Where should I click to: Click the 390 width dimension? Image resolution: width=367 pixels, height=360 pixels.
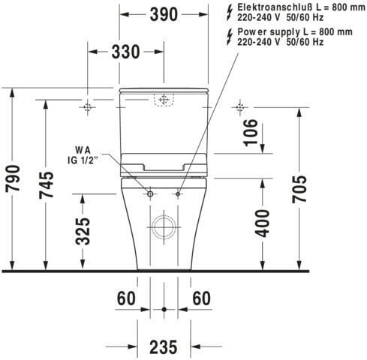pyautogui.click(x=164, y=14)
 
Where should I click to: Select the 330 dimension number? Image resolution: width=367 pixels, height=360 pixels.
pyautogui.click(x=125, y=52)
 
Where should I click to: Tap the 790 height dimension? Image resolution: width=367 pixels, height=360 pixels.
pyautogui.click(x=13, y=178)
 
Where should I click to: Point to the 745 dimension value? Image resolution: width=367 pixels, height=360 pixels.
pyautogui.click(x=47, y=185)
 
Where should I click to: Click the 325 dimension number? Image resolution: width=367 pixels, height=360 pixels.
pyautogui.click(x=83, y=231)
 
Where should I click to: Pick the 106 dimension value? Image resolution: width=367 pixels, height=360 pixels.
pyautogui.click(x=251, y=133)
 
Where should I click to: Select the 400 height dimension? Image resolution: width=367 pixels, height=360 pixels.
pyautogui.click(x=263, y=223)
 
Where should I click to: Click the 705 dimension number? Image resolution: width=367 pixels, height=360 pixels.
pyautogui.click(x=299, y=189)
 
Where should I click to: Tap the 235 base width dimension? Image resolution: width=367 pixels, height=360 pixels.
pyautogui.click(x=164, y=347)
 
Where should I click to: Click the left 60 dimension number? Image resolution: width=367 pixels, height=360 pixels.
pyautogui.click(x=126, y=298)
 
